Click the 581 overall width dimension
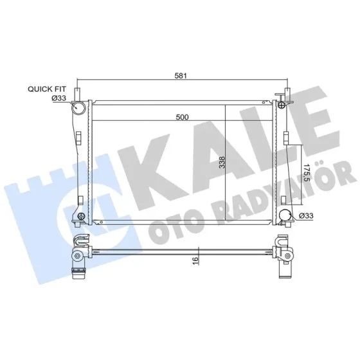181,76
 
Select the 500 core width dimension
182,117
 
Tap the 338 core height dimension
222,162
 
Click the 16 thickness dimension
195,260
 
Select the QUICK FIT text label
47,89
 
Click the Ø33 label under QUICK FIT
59,98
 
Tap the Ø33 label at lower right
306,216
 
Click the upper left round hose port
78,107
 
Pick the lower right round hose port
285,215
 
